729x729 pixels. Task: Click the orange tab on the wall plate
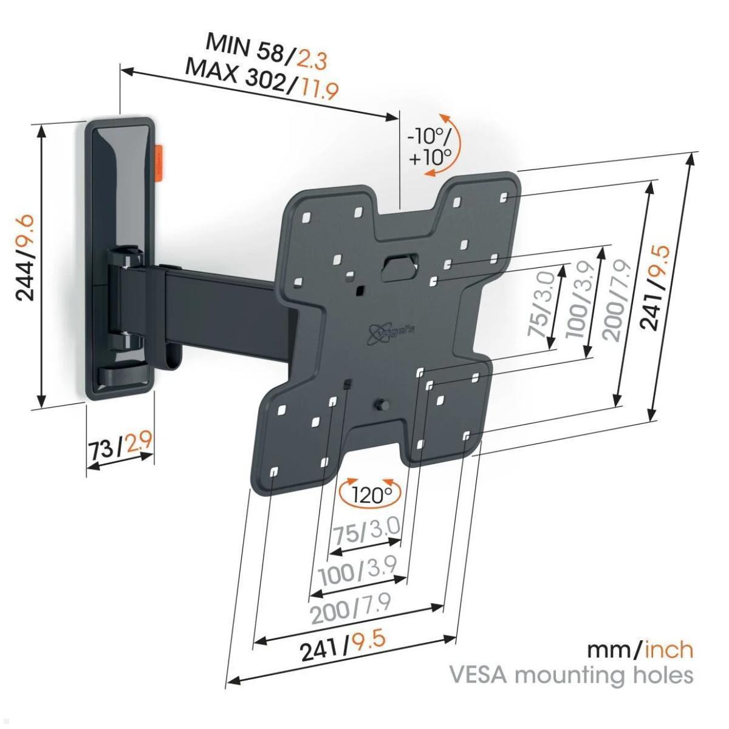pos(160,161)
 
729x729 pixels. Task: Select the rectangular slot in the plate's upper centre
pos(399,265)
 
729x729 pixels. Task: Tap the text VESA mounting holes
pos(570,675)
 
